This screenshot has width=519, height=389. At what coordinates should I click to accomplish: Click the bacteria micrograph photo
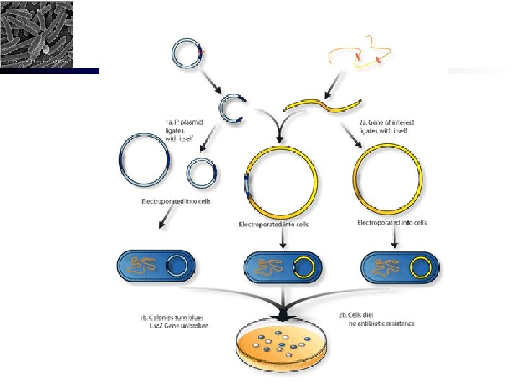click(x=37, y=35)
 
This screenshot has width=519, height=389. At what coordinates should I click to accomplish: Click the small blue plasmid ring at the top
click(x=189, y=54)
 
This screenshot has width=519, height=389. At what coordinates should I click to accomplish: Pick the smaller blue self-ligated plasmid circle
click(x=200, y=174)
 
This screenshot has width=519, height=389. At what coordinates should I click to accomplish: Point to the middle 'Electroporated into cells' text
click(x=273, y=225)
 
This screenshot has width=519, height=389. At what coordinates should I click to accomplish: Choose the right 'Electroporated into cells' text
click(x=392, y=223)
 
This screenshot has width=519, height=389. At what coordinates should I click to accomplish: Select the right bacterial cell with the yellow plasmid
click(x=399, y=268)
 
